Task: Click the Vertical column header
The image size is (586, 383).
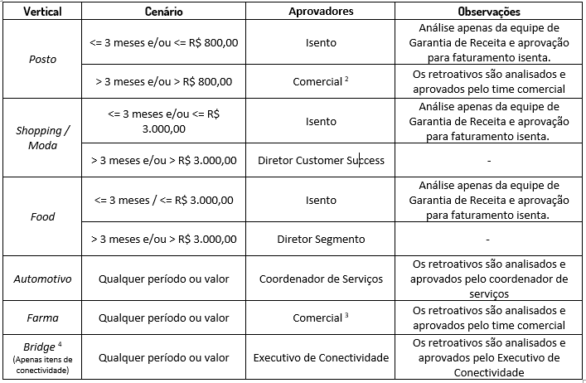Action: (x=42, y=12)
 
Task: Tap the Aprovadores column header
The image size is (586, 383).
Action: (x=321, y=12)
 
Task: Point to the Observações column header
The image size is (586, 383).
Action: (x=489, y=12)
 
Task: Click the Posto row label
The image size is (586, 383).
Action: (x=42, y=60)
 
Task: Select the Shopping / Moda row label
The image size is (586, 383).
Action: (x=42, y=137)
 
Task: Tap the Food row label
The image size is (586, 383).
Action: (x=42, y=216)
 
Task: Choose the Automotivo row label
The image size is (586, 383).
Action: (x=42, y=279)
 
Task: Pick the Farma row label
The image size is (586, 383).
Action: (x=42, y=318)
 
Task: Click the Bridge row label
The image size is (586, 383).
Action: (x=42, y=356)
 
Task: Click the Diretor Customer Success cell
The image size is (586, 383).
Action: (x=321, y=160)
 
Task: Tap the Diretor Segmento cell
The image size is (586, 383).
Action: (x=321, y=239)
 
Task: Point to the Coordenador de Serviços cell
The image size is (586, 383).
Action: (x=321, y=279)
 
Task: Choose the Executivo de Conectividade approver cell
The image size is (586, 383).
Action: (x=321, y=357)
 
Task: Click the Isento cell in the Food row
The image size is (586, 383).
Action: (x=321, y=200)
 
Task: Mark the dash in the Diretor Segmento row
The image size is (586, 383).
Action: (x=489, y=239)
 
